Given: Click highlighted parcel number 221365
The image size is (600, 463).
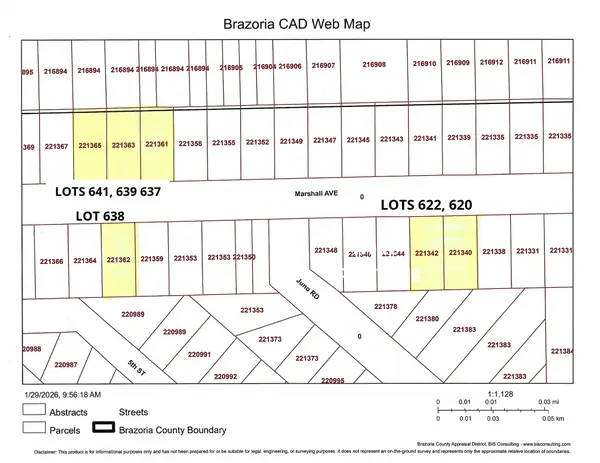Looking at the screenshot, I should coord(89,145).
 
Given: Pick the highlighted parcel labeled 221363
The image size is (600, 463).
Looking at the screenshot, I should coord(123,145).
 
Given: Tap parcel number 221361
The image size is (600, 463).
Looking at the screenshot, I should coord(158,144).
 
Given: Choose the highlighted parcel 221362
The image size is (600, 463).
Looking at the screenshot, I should coord(118,260).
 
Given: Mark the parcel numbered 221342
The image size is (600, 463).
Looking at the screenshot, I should coord(427,253).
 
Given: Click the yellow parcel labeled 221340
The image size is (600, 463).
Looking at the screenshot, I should coord(460,253).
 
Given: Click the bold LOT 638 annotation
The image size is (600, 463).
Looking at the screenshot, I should coord(95,214).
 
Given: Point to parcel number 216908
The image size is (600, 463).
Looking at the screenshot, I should coord(373,64).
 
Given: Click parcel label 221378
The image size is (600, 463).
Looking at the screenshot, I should coord(385,306).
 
